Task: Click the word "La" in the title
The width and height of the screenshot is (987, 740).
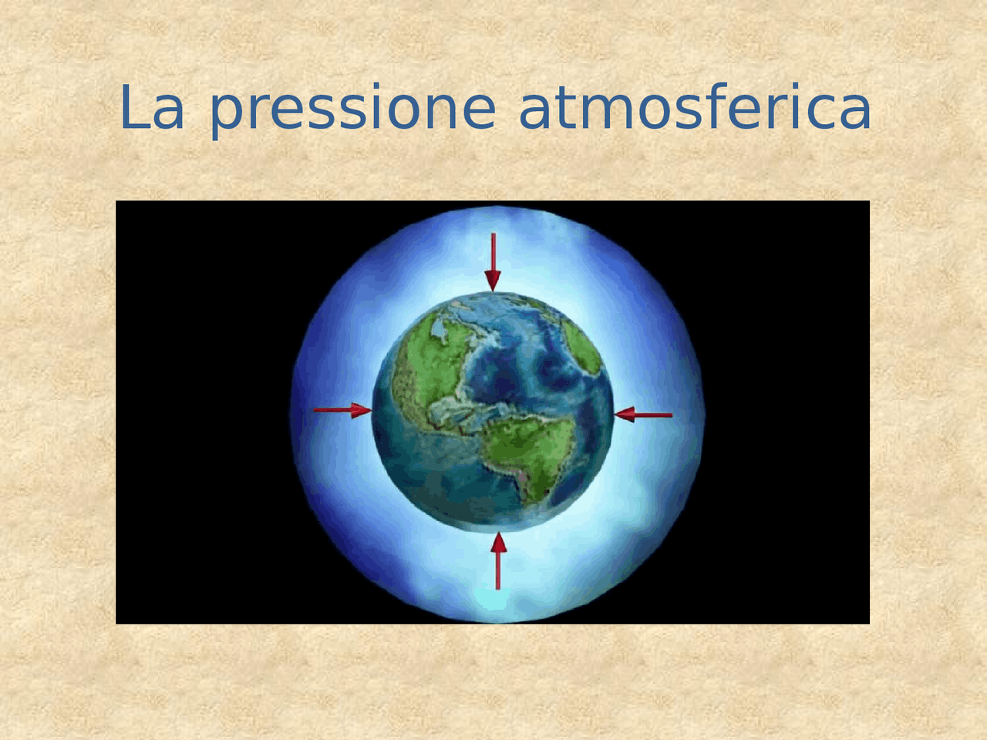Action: [152, 108]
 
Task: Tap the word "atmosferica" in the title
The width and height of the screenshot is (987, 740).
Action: [696, 107]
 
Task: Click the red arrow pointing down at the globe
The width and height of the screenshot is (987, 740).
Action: [493, 262]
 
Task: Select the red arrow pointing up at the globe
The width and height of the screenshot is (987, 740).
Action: [498, 560]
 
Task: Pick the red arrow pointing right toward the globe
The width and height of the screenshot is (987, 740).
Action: [342, 410]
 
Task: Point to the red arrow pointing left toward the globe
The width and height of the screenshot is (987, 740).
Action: [643, 415]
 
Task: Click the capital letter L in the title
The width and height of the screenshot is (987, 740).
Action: [134, 107]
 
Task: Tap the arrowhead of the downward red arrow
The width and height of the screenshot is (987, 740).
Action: [493, 281]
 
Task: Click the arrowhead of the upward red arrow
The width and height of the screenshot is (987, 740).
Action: [498, 543]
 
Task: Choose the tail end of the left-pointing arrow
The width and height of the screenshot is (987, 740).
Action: [672, 415]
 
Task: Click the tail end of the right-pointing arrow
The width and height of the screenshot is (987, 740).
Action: [315, 410]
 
